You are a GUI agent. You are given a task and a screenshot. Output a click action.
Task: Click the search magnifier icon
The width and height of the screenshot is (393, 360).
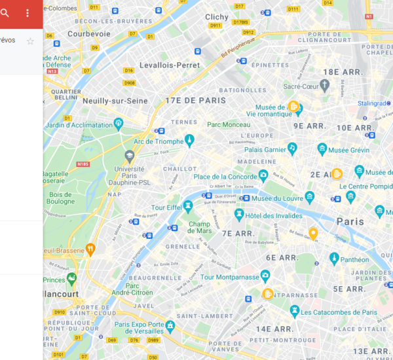point(5,12)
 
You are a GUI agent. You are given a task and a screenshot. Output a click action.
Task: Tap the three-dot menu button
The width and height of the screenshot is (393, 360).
point(28,13)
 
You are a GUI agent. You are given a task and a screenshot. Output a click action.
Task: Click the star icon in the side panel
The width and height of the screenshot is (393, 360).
point(30,41)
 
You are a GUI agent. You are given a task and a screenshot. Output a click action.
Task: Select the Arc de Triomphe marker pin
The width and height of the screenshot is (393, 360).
point(189,139)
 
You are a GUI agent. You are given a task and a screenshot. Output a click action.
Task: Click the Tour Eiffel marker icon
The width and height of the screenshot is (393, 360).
point(188,207)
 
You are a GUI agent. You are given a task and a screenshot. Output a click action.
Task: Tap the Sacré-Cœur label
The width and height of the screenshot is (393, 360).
point(301,86)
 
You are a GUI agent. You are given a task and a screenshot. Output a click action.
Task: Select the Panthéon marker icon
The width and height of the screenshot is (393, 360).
point(334,259)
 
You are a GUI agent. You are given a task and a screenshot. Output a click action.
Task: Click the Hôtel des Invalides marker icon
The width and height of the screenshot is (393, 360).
point(239,215)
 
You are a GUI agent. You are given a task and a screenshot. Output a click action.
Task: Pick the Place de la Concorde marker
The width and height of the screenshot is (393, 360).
point(263,175)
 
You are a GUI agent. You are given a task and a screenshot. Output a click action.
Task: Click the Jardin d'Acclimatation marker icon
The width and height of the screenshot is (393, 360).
point(119,123)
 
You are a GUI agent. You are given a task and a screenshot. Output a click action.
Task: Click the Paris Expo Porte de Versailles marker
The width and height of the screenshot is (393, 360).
point(170,325)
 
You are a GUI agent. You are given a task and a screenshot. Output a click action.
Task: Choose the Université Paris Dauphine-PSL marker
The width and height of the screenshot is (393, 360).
point(130,156)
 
